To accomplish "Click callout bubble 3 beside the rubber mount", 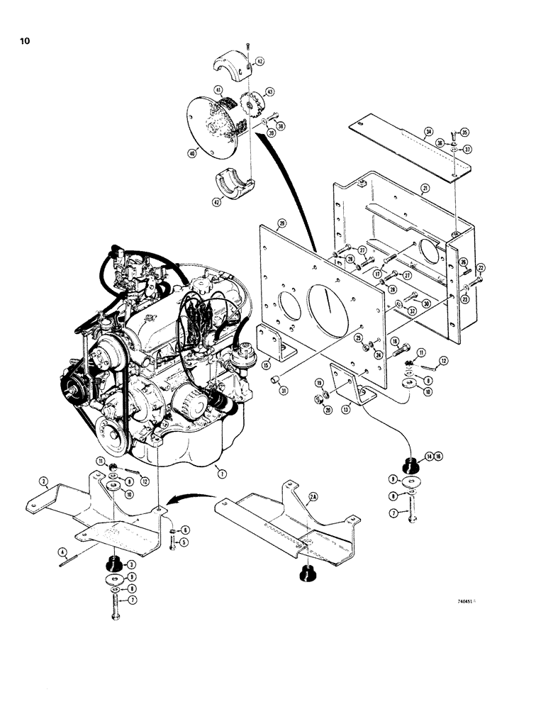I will click(130, 564).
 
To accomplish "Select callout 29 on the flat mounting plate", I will click(282, 223).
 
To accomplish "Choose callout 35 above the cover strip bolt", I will click(464, 132).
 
